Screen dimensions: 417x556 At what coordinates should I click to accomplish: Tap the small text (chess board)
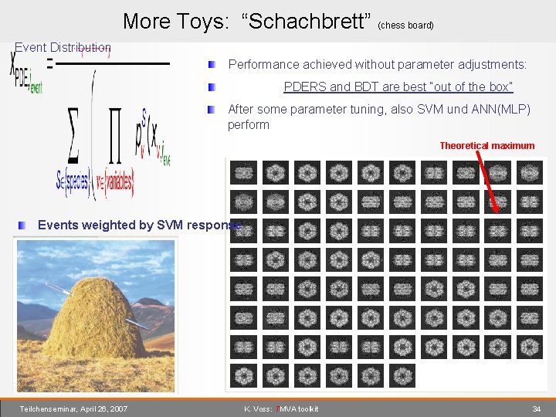click(405, 25)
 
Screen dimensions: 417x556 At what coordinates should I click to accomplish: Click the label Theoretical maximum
click(486, 145)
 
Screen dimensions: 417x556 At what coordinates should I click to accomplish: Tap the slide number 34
click(536, 409)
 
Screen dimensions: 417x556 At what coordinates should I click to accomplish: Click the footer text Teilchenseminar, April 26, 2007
click(74, 409)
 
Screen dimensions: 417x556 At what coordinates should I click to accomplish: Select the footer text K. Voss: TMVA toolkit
click(280, 409)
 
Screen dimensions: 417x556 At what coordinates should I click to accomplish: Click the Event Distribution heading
click(63, 48)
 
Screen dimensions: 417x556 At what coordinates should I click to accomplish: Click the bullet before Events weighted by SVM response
click(25, 225)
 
